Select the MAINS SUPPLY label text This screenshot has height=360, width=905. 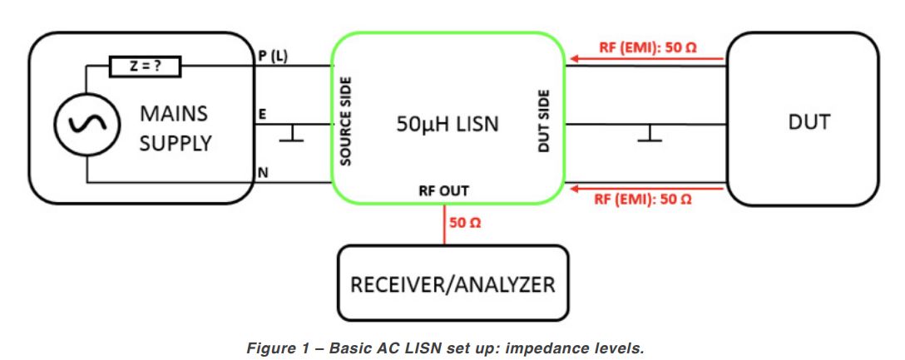175,126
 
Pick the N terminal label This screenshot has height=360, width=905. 263,173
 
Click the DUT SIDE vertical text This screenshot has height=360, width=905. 545,121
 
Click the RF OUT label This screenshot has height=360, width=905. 443,191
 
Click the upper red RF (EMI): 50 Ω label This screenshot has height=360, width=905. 647,47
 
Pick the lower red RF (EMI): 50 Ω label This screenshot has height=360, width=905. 647,200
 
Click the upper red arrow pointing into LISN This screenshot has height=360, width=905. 574,60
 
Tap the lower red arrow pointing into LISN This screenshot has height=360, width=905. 574,188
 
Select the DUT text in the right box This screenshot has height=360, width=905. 808,122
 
